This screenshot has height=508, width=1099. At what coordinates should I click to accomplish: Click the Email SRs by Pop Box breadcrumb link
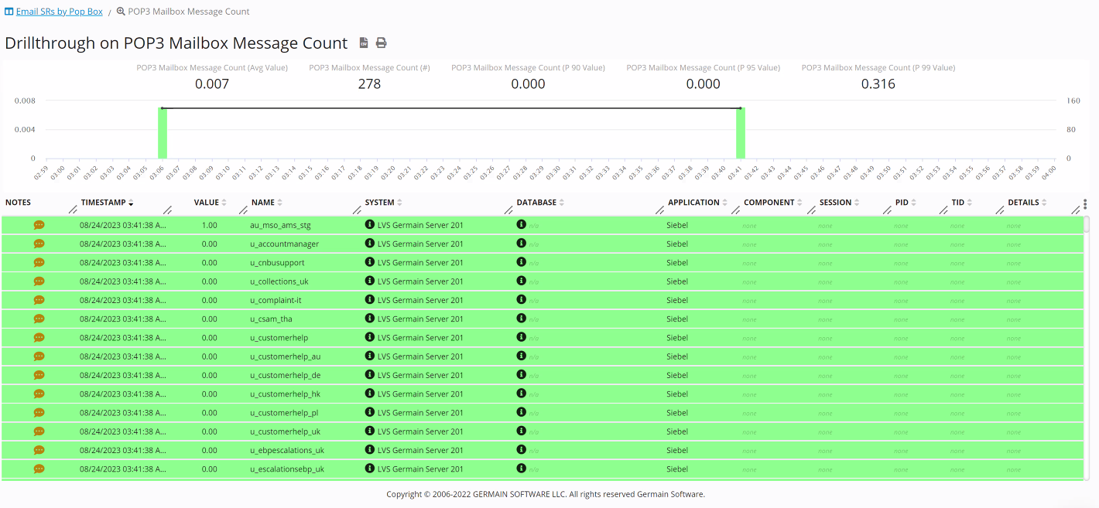pyautogui.click(x=59, y=12)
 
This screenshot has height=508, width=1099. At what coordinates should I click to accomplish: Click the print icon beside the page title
pyautogui.click(x=381, y=43)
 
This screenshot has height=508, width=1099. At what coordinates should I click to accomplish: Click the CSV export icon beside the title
pyautogui.click(x=364, y=43)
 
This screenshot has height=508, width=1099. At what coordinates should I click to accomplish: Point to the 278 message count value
pyautogui.click(x=369, y=84)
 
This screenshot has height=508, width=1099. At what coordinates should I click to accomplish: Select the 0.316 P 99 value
pyautogui.click(x=878, y=84)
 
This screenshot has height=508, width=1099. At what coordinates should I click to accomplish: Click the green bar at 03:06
pyautogui.click(x=163, y=133)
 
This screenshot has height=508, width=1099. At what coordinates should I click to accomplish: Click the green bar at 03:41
pyautogui.click(x=741, y=133)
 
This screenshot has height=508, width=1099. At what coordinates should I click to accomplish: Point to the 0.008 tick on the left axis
pyautogui.click(x=25, y=101)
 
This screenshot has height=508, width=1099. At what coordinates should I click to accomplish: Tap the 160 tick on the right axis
pyautogui.click(x=1073, y=101)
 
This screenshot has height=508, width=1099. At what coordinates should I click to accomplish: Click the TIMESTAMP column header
pyautogui.click(x=103, y=203)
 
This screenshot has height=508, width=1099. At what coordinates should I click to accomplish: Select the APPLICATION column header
pyautogui.click(x=693, y=203)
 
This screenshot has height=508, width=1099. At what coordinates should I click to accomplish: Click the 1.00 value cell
pyautogui.click(x=209, y=226)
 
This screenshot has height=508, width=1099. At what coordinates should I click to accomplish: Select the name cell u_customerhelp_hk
pyautogui.click(x=285, y=394)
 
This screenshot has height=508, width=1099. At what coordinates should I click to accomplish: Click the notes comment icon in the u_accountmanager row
pyautogui.click(x=39, y=244)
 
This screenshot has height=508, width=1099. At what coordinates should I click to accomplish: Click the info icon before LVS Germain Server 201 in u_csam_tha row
pyautogui.click(x=370, y=319)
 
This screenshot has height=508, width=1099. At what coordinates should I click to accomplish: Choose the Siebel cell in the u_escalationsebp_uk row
pyautogui.click(x=677, y=469)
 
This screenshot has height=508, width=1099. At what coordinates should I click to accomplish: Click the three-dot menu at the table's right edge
pyautogui.click(x=1085, y=204)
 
